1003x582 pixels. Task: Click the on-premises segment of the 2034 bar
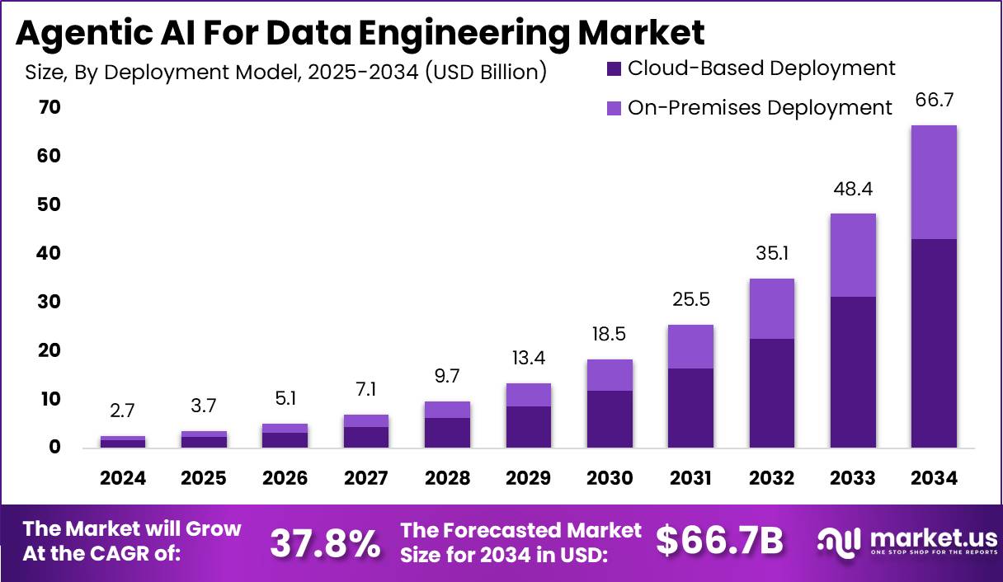click(934, 182)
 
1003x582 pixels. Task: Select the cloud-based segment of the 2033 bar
click(853, 372)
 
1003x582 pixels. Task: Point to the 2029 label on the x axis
click(529, 478)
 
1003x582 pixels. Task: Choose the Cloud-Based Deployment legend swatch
click(614, 68)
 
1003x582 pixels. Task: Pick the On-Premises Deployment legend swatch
click(614, 108)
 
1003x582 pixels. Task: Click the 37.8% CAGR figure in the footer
click(326, 542)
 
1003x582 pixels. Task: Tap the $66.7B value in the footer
click(719, 541)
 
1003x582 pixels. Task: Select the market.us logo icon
click(840, 541)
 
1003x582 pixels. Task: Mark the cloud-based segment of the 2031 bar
click(690, 408)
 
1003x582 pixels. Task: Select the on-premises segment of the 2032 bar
click(771, 309)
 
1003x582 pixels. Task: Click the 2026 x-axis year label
click(285, 478)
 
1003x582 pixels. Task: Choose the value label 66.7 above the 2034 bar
click(934, 101)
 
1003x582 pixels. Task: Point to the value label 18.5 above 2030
click(610, 334)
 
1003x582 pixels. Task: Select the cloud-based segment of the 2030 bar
click(610, 419)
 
